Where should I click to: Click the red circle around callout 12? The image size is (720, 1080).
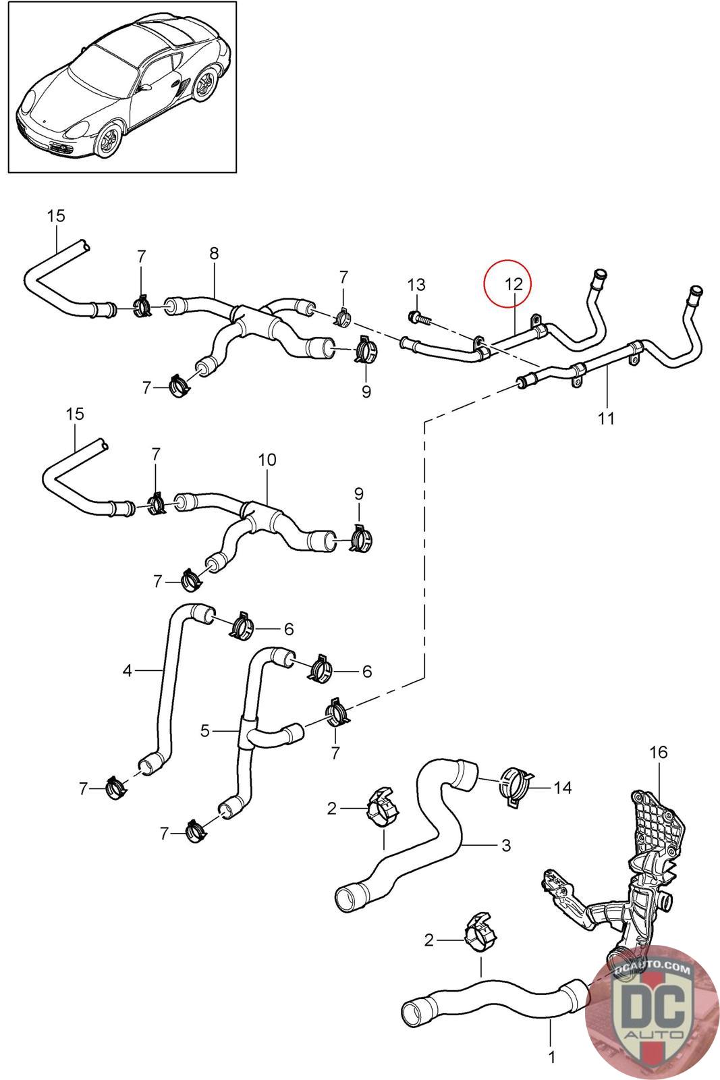coord(507,284)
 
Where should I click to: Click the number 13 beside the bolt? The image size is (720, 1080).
coord(417,284)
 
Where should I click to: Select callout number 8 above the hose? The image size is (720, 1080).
coord(214,254)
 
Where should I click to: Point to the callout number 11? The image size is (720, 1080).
coord(606,418)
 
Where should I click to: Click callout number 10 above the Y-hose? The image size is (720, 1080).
coord(267,460)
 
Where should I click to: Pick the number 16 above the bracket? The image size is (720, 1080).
coord(658,752)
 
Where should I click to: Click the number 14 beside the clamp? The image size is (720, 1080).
coord(562,787)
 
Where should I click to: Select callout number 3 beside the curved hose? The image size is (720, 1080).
coord(506,844)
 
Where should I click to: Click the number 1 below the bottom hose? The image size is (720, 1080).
coord(551,1057)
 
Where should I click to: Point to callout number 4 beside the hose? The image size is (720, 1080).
coord(127,670)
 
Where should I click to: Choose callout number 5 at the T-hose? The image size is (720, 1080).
coord(205,730)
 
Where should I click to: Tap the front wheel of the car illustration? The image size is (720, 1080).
coord(107,140)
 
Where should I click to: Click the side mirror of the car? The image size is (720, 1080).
coord(145,88)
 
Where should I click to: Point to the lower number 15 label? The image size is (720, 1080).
coord(75,414)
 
